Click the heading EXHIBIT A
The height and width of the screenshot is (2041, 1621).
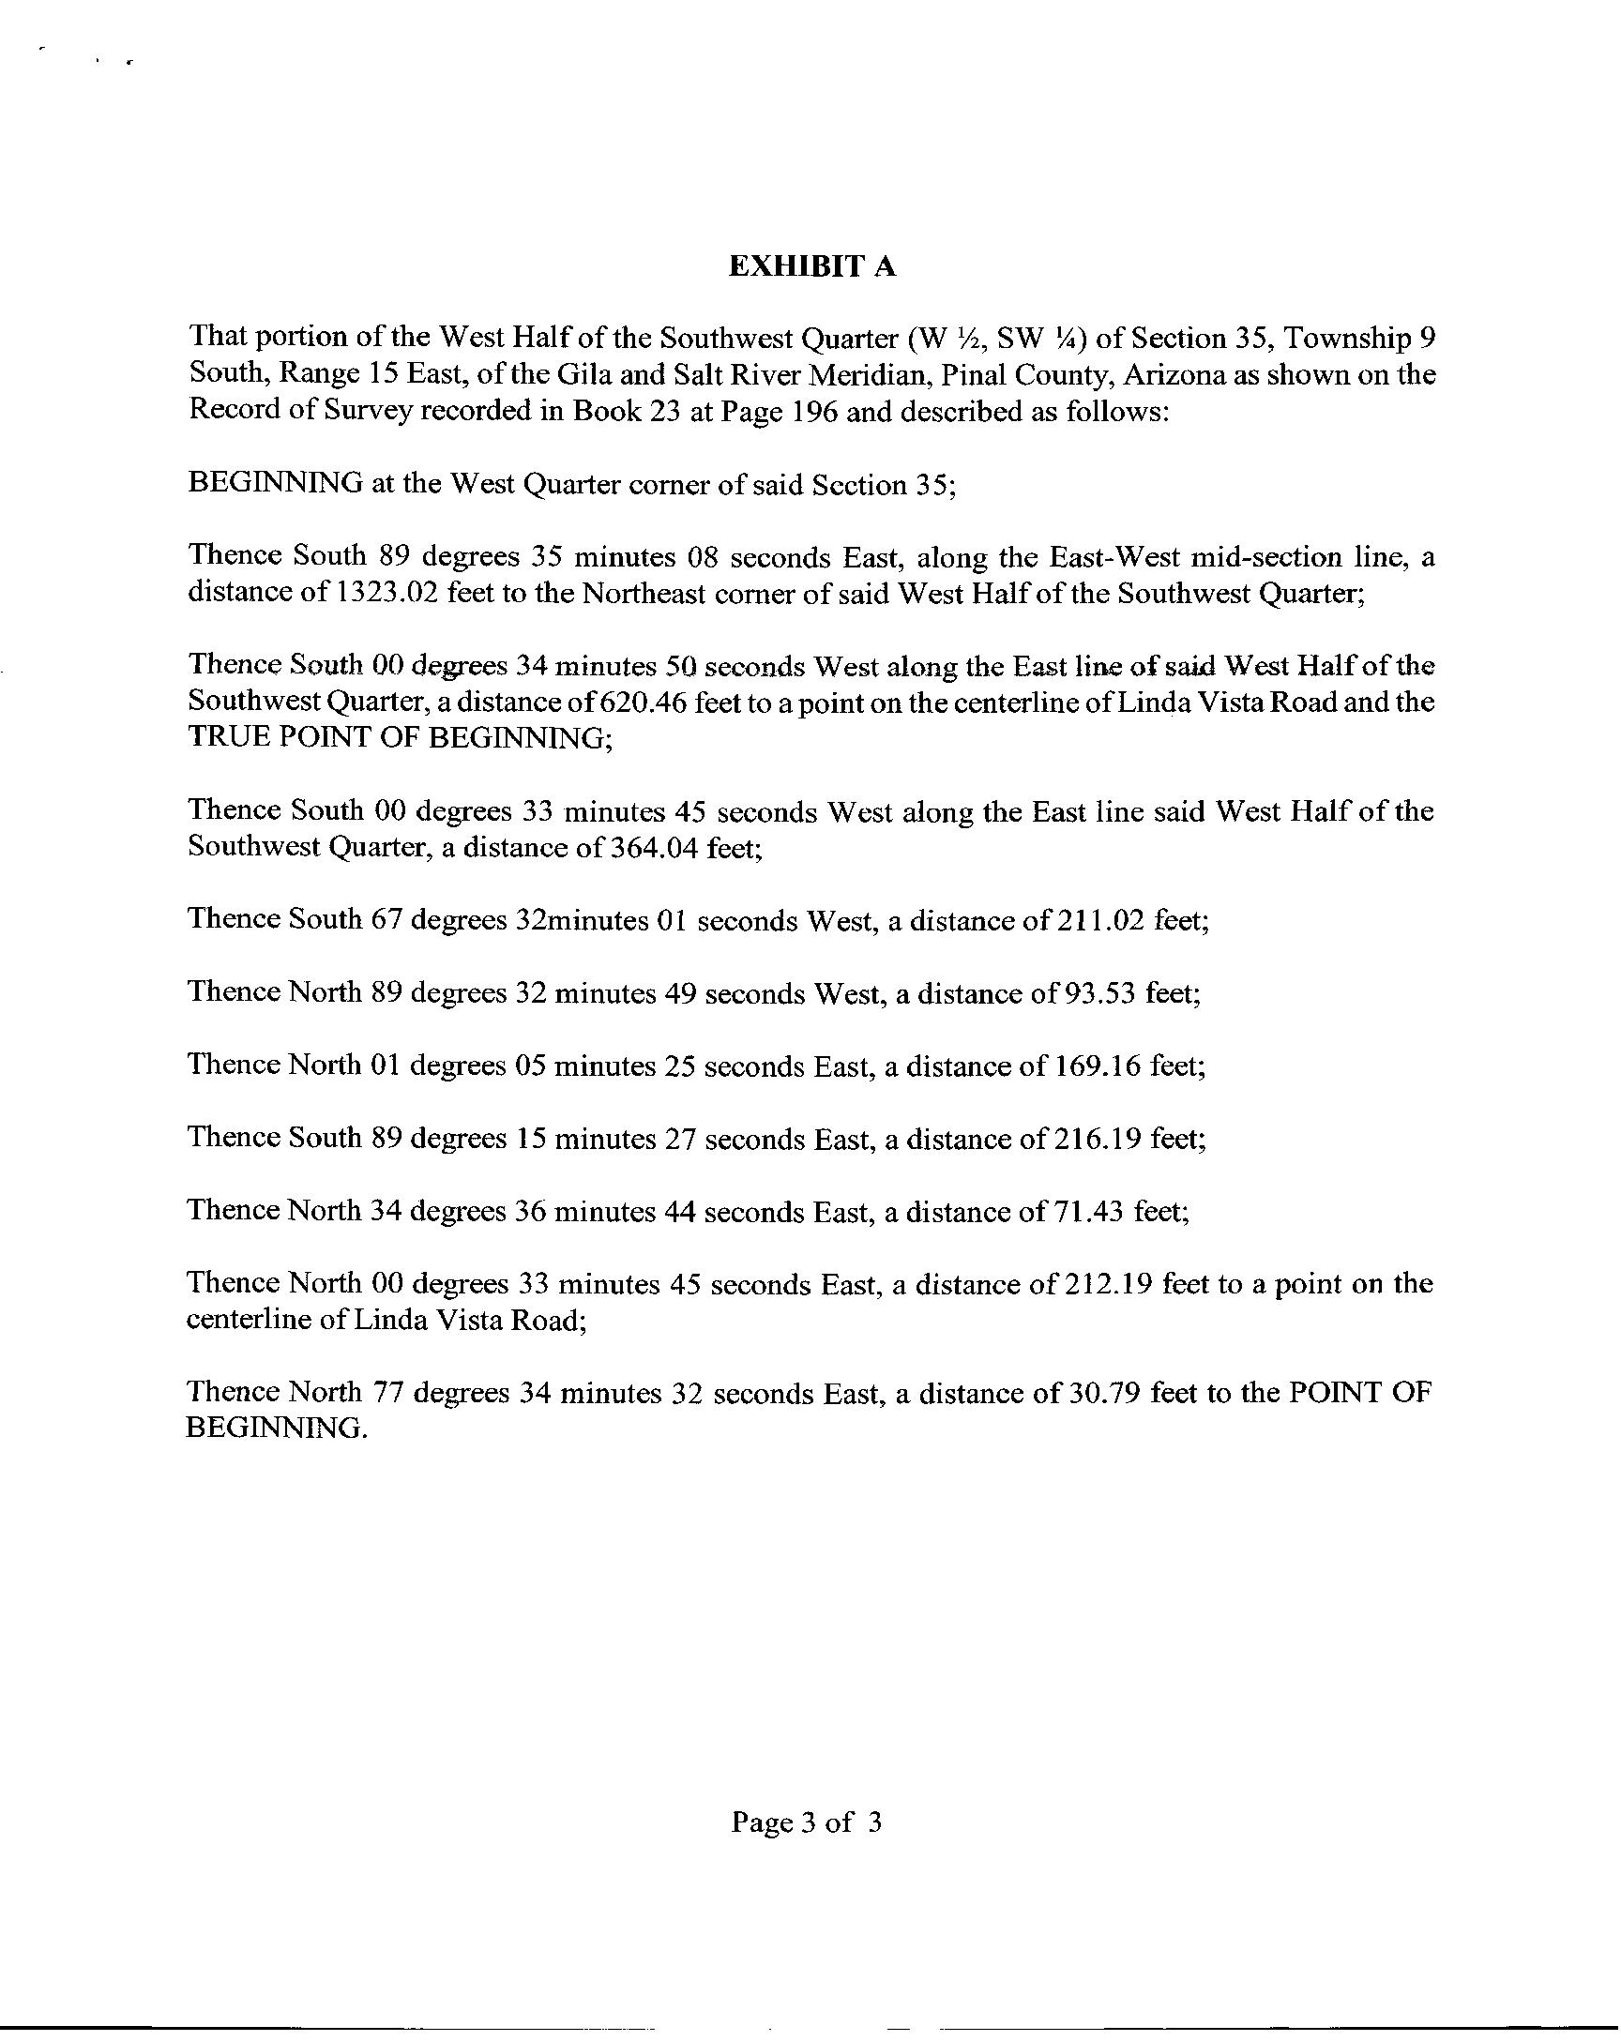click(811, 268)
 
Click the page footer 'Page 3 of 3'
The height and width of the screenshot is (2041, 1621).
click(807, 1822)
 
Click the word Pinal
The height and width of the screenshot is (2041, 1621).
click(974, 375)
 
